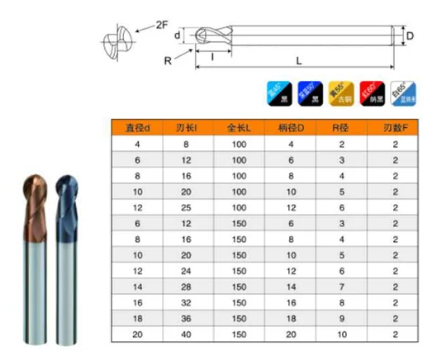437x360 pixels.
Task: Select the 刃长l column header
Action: tap(185, 128)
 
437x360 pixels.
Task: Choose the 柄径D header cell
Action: tap(290, 128)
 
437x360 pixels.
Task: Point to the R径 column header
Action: tap(341, 128)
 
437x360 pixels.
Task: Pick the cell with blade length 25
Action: tap(185, 207)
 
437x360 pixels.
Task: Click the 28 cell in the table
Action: tap(185, 286)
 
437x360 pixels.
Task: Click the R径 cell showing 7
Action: tap(341, 286)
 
